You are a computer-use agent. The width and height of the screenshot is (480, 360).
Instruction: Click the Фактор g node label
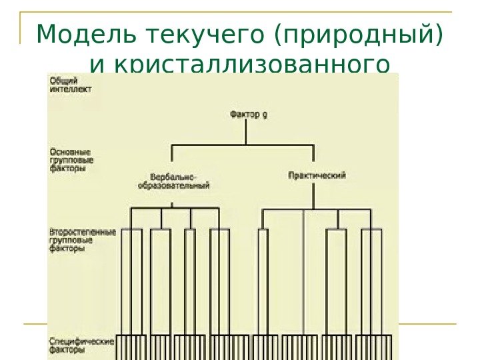pos(249,115)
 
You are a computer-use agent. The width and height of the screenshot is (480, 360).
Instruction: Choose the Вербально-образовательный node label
pos(173,181)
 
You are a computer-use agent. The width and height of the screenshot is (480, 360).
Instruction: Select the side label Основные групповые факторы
pos(71,160)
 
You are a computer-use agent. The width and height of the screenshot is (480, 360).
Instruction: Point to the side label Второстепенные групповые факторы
pos(82,241)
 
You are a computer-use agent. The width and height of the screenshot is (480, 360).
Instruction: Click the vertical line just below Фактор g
pos(247,132)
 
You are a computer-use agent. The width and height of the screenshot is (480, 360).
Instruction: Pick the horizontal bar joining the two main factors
pos(243,145)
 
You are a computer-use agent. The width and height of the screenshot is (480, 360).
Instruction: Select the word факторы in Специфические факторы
pos(67,349)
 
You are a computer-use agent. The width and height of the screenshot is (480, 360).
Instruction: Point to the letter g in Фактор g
pos(265,115)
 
